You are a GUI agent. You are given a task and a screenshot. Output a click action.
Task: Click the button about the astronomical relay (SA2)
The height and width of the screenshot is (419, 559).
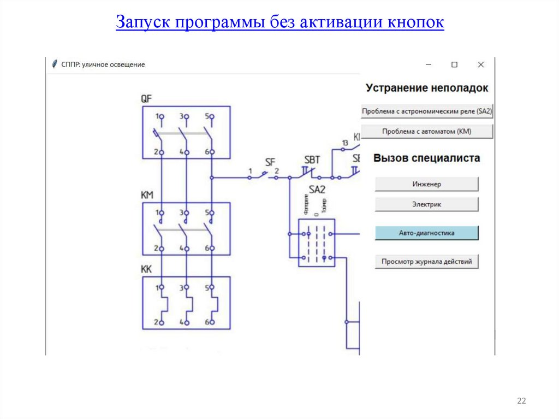tap(427, 111)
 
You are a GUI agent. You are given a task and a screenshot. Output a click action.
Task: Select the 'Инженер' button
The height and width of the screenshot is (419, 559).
tap(426, 184)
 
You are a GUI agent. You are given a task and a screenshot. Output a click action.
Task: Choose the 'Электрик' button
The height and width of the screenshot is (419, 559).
tap(426, 204)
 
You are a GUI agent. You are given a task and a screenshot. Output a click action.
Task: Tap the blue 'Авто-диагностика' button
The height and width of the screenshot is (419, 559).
tap(426, 233)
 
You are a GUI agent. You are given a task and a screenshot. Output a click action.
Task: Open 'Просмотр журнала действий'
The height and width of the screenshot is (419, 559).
tap(426, 262)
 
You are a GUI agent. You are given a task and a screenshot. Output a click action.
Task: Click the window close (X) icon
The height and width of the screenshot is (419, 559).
tap(481, 64)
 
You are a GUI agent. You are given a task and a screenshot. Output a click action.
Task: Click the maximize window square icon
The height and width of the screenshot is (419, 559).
tap(454, 64)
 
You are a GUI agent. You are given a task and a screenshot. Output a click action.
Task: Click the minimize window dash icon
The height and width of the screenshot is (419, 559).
tap(429, 64)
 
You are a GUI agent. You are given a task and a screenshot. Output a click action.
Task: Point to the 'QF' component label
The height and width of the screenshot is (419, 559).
tap(146, 99)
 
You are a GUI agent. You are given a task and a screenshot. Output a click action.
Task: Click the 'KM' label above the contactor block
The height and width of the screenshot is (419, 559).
tap(147, 195)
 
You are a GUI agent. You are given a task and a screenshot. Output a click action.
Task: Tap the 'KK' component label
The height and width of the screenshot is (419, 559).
tap(146, 269)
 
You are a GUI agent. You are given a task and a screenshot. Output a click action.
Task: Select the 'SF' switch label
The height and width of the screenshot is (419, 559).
tap(270, 162)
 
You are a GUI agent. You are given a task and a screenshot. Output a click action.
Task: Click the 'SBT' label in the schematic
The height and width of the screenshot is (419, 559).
tap(312, 160)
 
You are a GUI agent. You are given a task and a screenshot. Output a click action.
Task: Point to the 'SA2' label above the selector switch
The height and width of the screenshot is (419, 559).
tap(317, 190)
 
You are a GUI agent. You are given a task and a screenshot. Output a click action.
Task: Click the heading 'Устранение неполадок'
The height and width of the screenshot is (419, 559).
tap(427, 88)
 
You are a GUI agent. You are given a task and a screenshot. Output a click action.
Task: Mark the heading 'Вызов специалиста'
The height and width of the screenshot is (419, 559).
tap(427, 158)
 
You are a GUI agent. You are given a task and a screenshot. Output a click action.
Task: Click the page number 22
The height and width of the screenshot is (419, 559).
tap(521, 402)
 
